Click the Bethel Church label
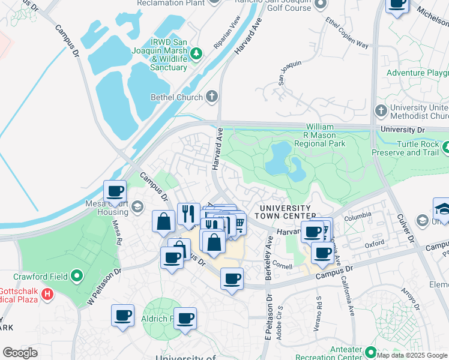click(x=177, y=97)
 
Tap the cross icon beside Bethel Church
click(x=211, y=96)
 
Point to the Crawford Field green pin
click(x=76, y=277)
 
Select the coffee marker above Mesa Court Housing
click(x=115, y=192)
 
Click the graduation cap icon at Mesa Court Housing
click(x=137, y=207)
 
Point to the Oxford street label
click(x=374, y=244)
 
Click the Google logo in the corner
click(x=20, y=353)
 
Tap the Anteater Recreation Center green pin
click(x=370, y=352)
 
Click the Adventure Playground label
click(x=417, y=73)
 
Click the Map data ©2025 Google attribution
click(x=412, y=355)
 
